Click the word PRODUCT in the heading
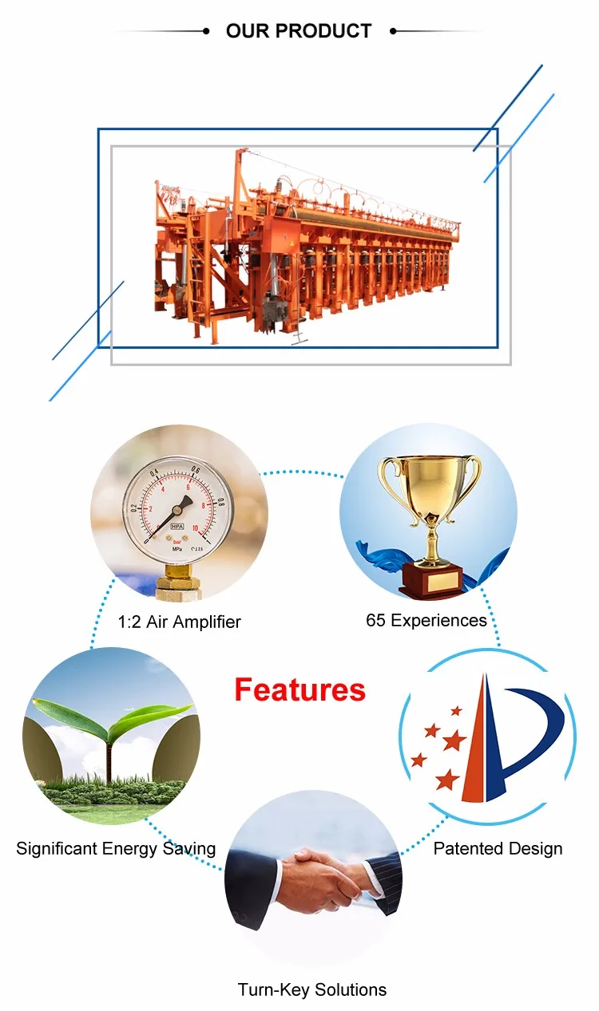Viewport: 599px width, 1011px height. (323, 31)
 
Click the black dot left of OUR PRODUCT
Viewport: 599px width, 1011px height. (206, 31)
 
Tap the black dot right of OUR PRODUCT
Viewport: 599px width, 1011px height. (393, 31)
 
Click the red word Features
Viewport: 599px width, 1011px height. (300, 689)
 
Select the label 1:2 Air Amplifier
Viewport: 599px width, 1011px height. (180, 622)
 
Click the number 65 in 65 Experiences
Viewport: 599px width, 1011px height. (375, 620)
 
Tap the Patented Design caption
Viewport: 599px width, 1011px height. (498, 848)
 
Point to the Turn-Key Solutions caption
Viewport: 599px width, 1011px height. (312, 989)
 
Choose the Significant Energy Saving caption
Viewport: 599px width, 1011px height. (116, 849)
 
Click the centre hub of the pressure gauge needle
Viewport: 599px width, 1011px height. (177, 510)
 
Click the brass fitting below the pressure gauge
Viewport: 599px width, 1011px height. (179, 582)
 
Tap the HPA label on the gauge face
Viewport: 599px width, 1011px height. (177, 527)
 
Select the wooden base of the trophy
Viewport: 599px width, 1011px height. (431, 579)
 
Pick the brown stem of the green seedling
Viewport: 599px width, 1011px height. (109, 762)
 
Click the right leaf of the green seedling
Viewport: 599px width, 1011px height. (150, 716)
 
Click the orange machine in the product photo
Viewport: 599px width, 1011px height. (303, 248)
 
